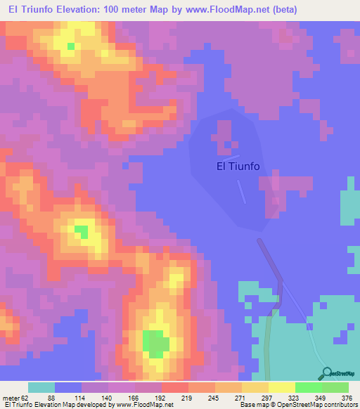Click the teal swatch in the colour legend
(x=41, y=387)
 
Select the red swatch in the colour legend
(x=175, y=387)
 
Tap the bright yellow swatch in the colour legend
(x=282, y=387)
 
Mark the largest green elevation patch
(x=156, y=344)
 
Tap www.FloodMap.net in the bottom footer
(x=144, y=405)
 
